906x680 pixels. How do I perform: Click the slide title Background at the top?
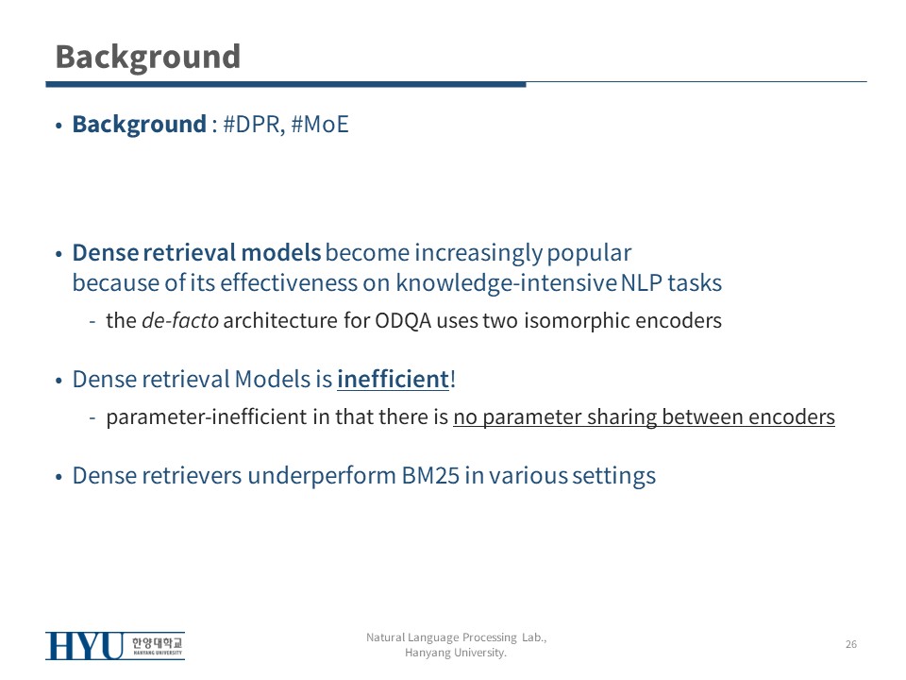coord(148,58)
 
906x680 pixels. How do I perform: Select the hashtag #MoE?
coord(320,125)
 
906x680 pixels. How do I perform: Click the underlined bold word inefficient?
coord(393,380)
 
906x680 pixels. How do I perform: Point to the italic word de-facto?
coord(180,320)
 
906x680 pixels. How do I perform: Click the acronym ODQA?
coord(403,321)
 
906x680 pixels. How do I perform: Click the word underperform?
coord(321,476)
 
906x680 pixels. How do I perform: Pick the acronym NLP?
coord(642,283)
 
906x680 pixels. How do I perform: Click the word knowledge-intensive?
coord(506,283)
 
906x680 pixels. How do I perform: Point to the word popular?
coord(589,253)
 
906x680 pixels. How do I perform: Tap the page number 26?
coord(851,644)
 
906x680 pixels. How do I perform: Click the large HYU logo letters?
coord(84,646)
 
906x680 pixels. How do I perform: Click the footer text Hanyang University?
coord(455,653)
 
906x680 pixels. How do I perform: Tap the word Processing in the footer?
coord(490,637)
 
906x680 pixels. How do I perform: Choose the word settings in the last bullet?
coord(614,476)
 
